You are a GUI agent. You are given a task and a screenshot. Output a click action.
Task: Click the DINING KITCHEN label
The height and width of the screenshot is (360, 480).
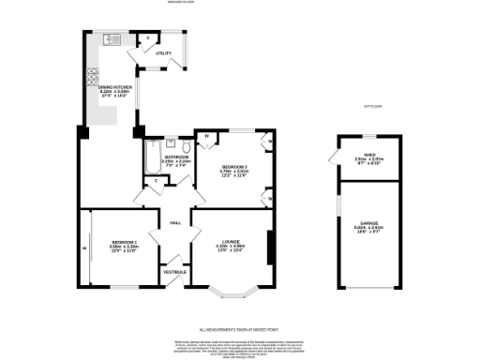[116, 89]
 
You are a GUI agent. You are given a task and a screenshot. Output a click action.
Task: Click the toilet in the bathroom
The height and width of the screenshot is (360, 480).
[172, 144]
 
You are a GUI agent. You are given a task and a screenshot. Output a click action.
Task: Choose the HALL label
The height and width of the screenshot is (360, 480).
[175, 222]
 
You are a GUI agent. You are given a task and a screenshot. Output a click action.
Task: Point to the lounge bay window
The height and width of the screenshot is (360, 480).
[231, 293]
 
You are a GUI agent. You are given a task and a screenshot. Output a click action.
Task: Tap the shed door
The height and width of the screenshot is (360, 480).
[337, 159]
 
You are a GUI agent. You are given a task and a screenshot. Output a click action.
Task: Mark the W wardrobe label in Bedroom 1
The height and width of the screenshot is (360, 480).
[84, 248]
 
